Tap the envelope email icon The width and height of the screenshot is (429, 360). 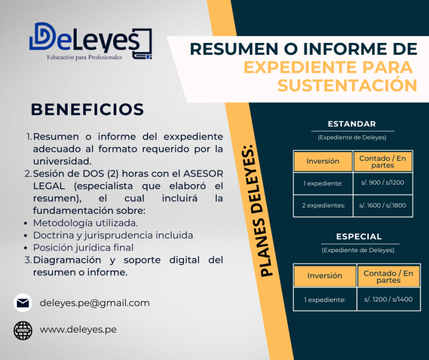[x=23, y=303]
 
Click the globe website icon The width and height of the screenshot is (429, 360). [x=23, y=329]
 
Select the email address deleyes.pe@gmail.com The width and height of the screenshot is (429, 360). [x=94, y=303]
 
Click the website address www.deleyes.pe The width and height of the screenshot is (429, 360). [x=78, y=329]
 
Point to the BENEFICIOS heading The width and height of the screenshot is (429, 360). [x=87, y=109]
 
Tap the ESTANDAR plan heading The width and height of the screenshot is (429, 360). [x=352, y=124]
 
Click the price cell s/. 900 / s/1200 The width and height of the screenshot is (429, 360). [x=382, y=183]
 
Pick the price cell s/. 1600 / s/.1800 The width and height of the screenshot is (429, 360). [x=382, y=205]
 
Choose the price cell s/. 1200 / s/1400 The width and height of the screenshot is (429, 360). [x=388, y=299]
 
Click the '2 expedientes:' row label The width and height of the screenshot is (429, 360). [x=323, y=205]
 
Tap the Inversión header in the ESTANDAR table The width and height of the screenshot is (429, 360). [x=323, y=161]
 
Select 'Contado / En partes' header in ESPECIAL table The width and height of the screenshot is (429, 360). [x=388, y=276]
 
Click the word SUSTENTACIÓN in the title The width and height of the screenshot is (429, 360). [x=347, y=85]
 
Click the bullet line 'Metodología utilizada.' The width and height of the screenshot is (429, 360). [x=85, y=223]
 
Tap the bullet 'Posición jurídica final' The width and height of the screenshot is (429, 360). [x=83, y=247]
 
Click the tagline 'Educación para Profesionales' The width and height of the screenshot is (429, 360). [x=85, y=57]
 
